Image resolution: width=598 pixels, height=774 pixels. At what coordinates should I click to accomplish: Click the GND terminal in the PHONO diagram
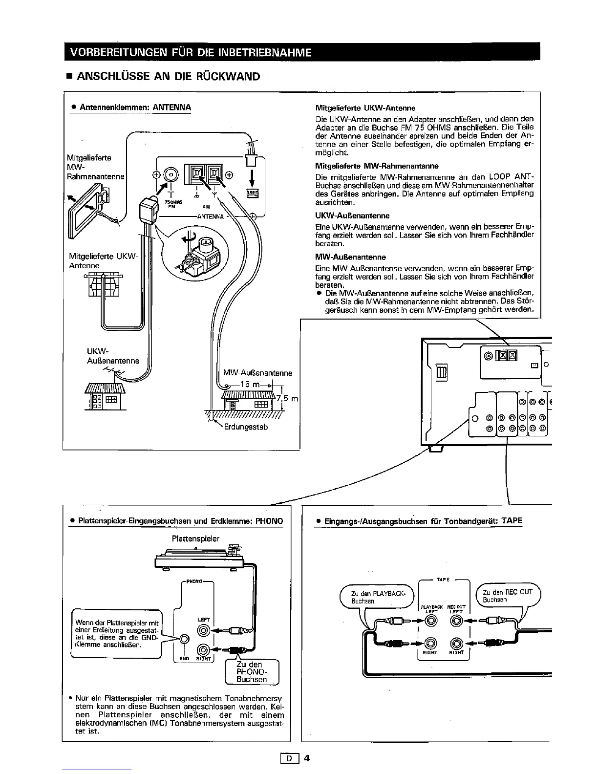click(184, 639)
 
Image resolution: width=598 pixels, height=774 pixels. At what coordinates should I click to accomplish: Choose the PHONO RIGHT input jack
click(203, 649)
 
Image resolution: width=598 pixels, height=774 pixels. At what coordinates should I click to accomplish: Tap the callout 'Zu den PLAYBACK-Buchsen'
click(377, 597)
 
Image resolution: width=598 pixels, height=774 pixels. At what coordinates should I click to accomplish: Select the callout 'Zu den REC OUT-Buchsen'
click(508, 595)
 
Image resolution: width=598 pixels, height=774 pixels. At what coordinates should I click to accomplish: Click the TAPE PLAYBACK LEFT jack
click(431, 621)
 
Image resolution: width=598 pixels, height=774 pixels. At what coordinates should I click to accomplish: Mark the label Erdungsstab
click(246, 427)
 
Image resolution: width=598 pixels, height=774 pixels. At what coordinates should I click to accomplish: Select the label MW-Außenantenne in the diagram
click(257, 373)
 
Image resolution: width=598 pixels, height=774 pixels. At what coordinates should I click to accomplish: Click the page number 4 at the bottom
click(307, 759)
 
